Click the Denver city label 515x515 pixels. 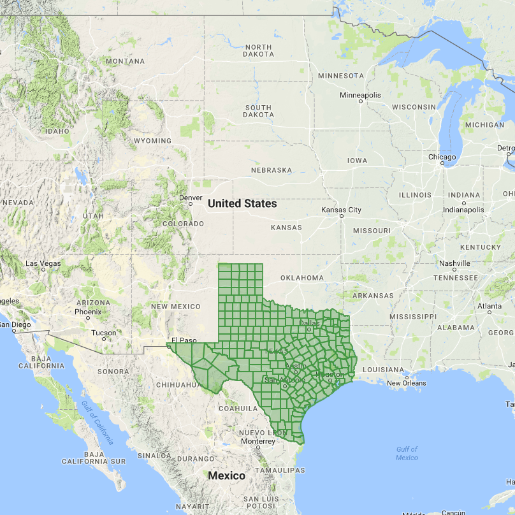[x=191, y=198]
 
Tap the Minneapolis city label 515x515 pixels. [x=360, y=95]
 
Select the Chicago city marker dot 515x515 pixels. [x=442, y=163]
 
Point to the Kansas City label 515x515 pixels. [x=341, y=210]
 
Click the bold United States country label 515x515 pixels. [x=242, y=203]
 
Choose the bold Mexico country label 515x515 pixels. [x=227, y=475]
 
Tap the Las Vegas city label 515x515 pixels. [x=43, y=263]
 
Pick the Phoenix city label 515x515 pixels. [x=88, y=312]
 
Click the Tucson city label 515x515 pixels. [x=104, y=333]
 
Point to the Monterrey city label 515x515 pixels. [x=257, y=441]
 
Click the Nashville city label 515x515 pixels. [x=454, y=263]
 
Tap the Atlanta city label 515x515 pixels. [x=490, y=307]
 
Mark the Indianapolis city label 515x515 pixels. [x=464, y=210]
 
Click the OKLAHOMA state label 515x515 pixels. [x=301, y=278]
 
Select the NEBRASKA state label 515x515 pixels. [x=271, y=170]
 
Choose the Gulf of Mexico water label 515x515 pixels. [x=407, y=453]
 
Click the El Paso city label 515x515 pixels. [x=182, y=340]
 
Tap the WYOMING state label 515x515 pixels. [x=152, y=141]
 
